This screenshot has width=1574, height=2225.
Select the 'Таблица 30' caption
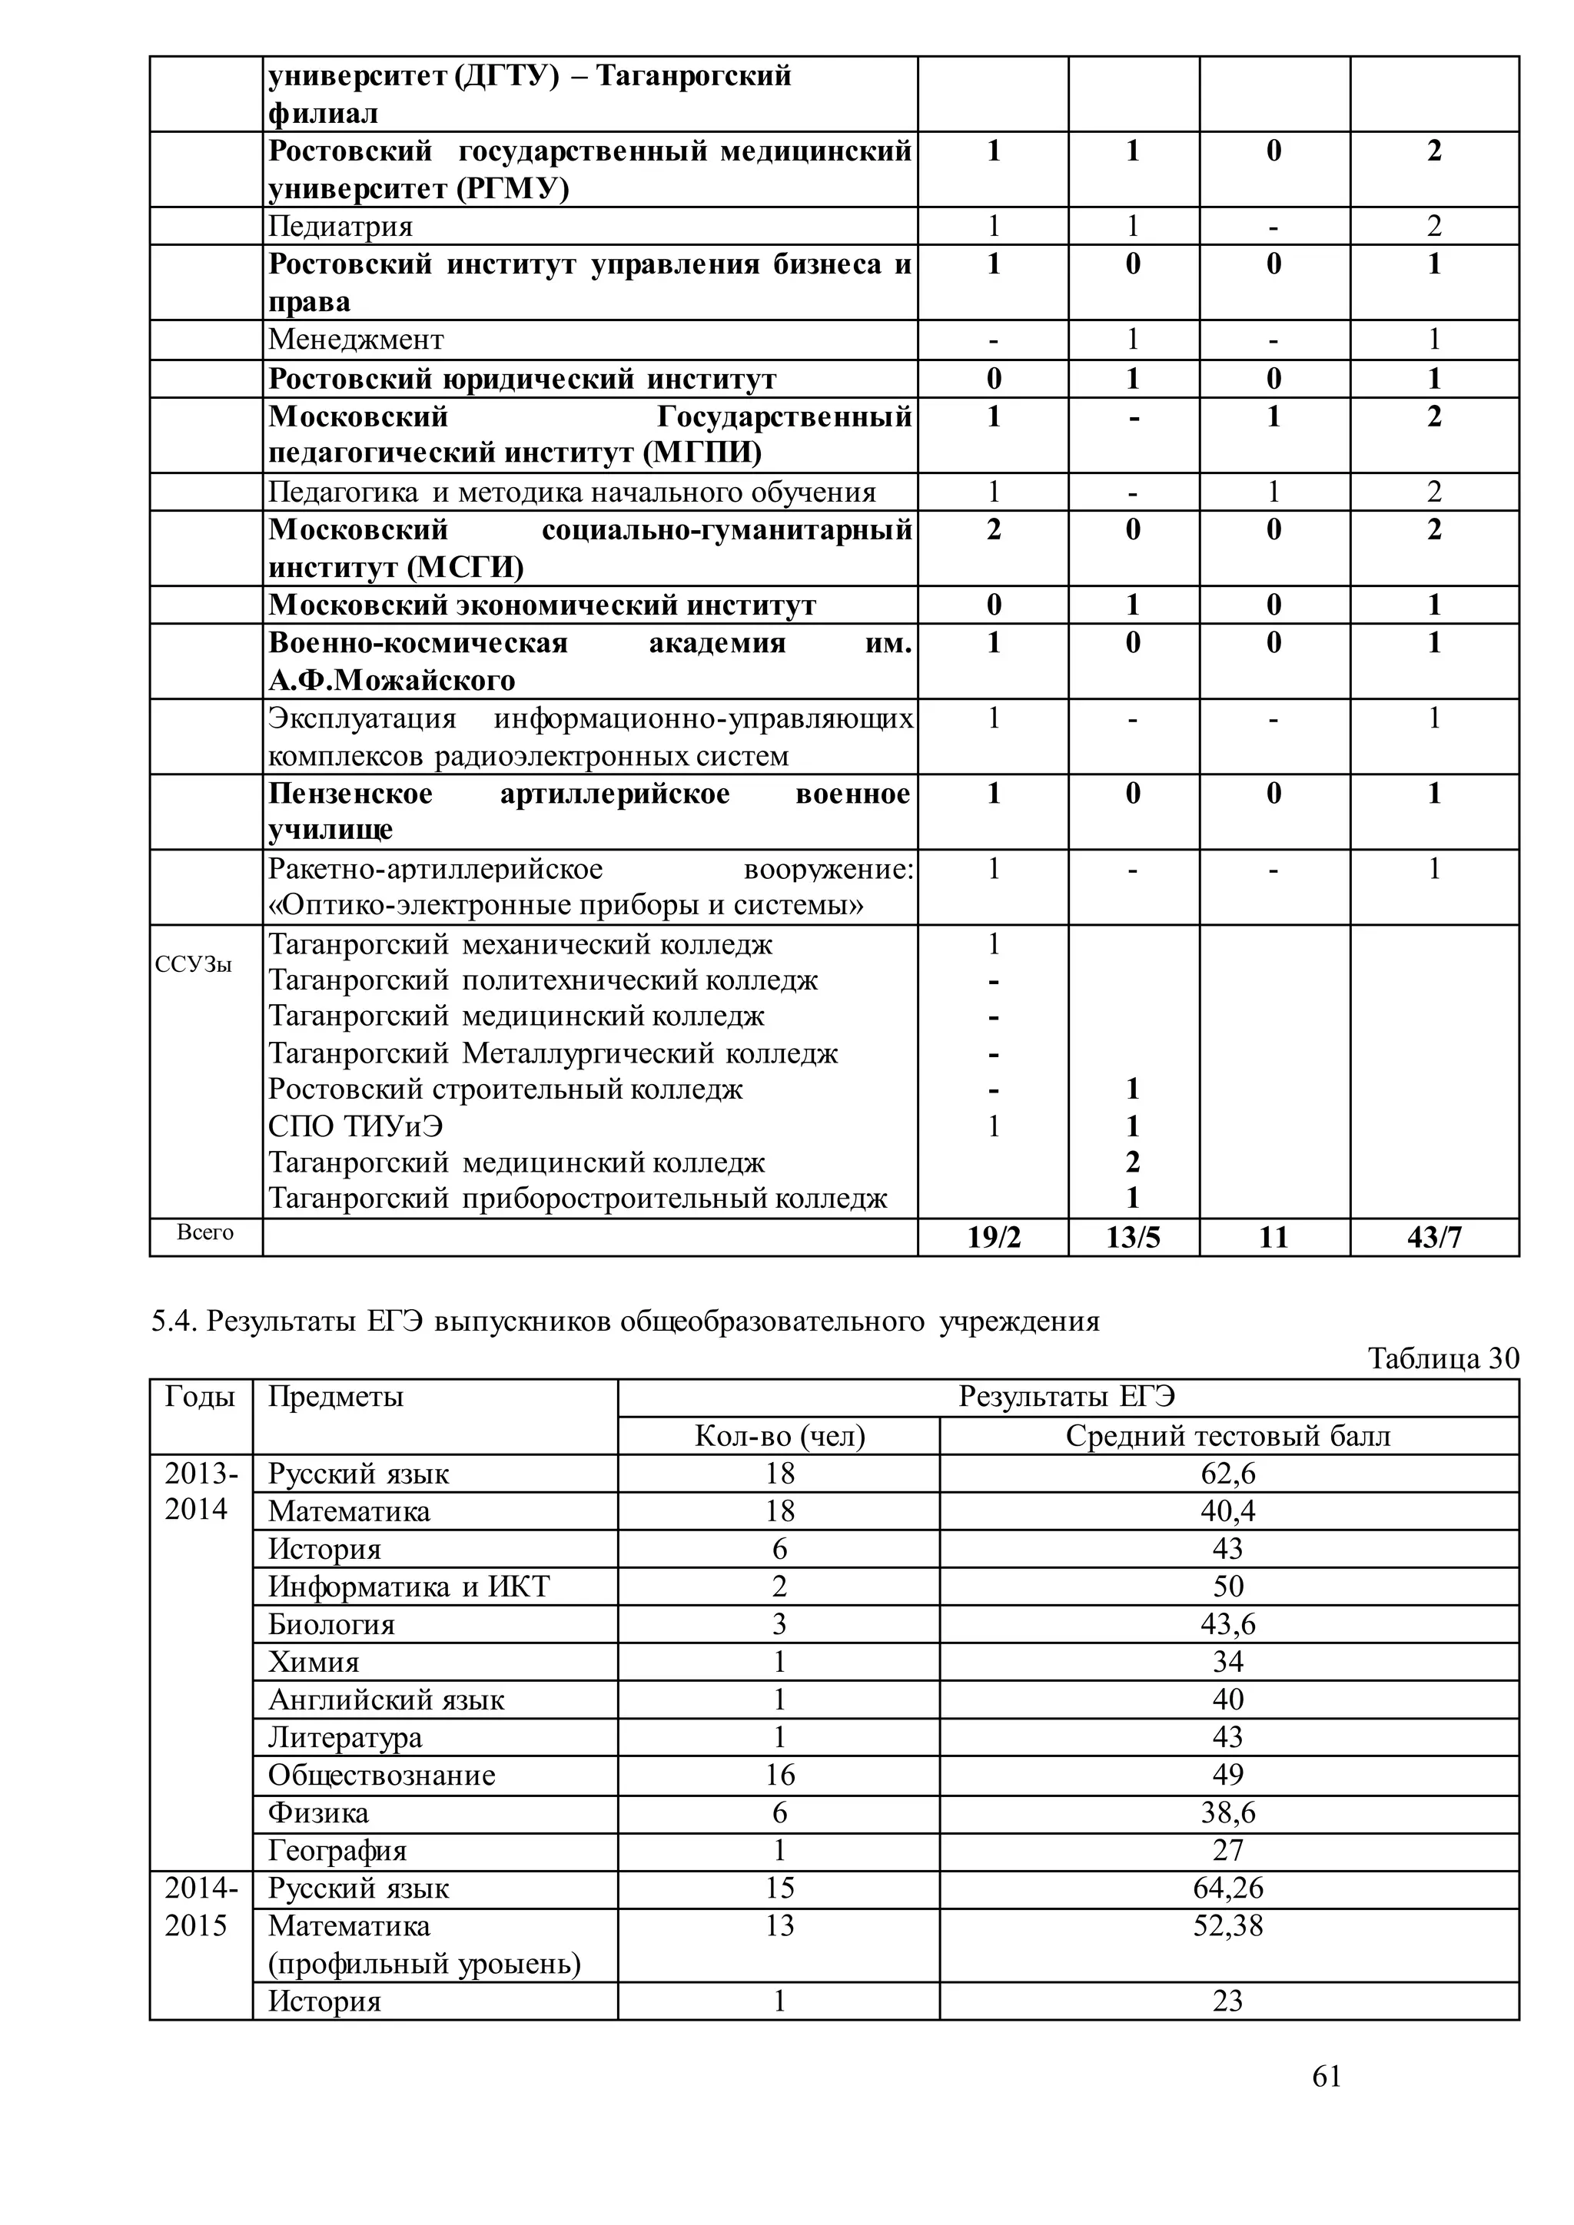pos(1442,1358)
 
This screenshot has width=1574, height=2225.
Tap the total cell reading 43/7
pos(1433,1238)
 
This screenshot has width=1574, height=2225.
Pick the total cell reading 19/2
pos(994,1238)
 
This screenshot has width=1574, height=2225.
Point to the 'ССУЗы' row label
pos(193,965)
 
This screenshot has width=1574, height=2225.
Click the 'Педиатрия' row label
pos(340,226)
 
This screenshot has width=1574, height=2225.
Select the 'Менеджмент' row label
pos(356,340)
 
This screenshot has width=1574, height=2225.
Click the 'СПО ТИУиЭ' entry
pos(356,1126)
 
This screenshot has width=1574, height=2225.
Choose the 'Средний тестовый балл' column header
pos(1227,1436)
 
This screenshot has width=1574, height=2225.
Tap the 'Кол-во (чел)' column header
pos(779,1436)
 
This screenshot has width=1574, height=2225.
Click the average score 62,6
pos(1227,1474)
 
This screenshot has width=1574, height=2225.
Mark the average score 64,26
pos(1227,1888)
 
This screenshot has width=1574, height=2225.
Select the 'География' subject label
pos(337,1851)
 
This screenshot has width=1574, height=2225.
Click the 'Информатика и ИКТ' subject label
pos(408,1587)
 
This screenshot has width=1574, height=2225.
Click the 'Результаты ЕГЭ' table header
pos(1066,1398)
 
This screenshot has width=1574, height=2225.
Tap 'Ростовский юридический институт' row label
pos(521,379)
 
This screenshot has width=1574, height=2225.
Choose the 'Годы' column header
pos(200,1398)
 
